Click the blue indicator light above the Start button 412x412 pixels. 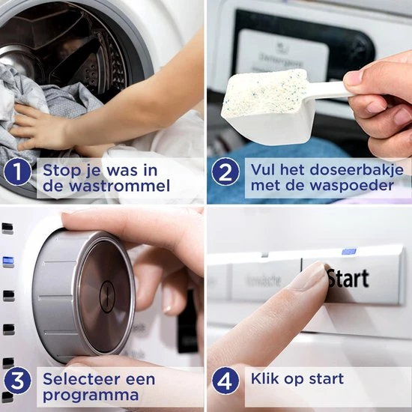[x=348, y=252]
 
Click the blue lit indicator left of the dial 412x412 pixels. [x=7, y=261]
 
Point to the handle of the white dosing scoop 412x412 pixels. [x=330, y=89]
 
